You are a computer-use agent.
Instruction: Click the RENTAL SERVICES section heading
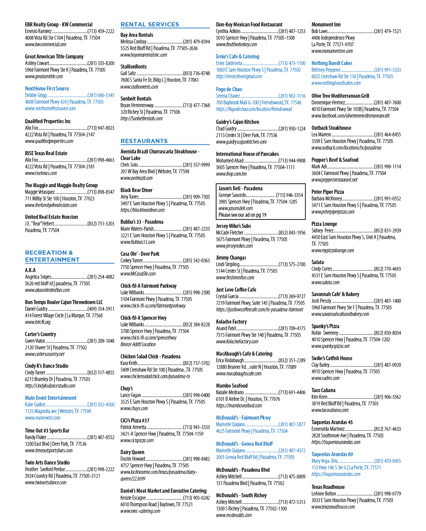pos(150,24)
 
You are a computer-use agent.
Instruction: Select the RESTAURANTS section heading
pos(144,141)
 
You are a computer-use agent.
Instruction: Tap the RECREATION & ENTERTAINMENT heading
pos(52,256)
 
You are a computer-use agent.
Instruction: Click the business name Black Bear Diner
pos(136,190)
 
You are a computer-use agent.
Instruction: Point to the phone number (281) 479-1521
pos(387,31)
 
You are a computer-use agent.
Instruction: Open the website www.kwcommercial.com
pos(45,45)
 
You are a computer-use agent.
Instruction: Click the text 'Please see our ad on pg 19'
pos(242,215)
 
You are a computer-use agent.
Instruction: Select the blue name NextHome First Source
pos(47,88)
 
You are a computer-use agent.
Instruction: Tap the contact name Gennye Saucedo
pos(232,195)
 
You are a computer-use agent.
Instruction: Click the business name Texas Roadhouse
pos(328,487)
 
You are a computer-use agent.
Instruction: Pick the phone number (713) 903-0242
pos(196,498)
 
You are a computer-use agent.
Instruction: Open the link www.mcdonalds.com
pos(234,515)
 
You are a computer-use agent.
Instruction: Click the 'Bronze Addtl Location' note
pos(138,344)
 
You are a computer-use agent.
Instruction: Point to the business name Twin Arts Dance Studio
pos(47,462)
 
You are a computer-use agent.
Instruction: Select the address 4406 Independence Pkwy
pos(333,38)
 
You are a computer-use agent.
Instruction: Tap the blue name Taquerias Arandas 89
pos(332,454)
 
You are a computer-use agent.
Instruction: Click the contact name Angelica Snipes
pos(38,277)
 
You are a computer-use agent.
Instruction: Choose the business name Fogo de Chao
pos(229,89)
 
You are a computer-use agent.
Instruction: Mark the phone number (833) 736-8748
pos(196,73)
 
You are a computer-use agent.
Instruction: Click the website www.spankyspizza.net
pos(331,346)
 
